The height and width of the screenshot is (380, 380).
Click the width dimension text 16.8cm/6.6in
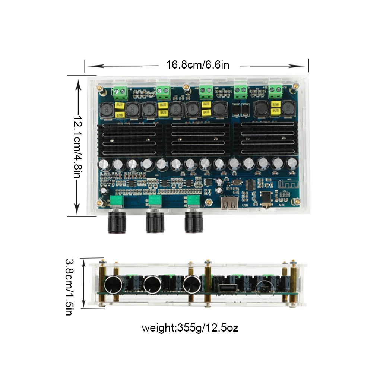pyautogui.click(x=197, y=65)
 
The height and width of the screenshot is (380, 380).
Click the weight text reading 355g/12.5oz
pyautogui.click(x=190, y=328)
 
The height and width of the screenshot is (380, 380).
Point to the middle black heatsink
pyautogui.click(x=197, y=140)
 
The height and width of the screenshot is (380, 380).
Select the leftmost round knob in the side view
pyautogui.click(x=113, y=285)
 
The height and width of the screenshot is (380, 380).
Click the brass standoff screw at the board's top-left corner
pyautogui.click(x=99, y=89)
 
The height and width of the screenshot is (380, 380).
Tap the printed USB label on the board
pyautogui.click(x=245, y=205)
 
